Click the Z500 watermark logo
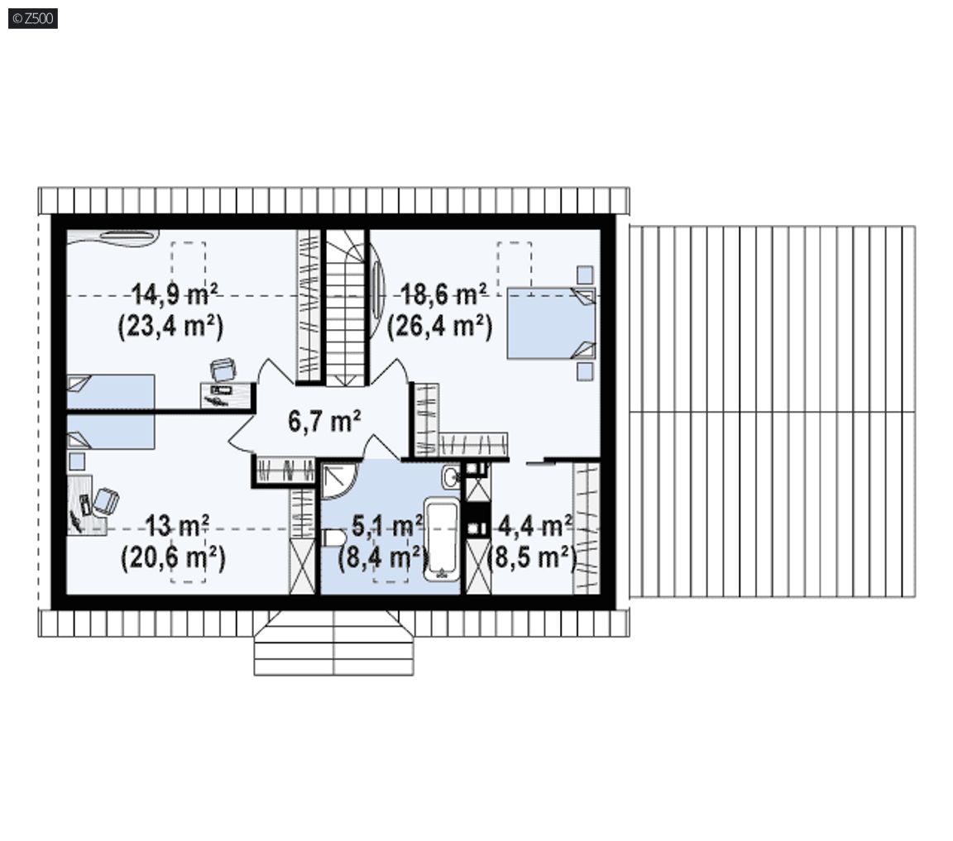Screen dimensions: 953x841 33,19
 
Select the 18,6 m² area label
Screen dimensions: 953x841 444,294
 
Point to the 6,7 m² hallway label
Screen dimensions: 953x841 324,421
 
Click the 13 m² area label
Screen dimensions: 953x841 178,526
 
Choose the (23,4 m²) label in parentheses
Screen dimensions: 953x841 170,326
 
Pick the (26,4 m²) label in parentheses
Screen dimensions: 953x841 440,326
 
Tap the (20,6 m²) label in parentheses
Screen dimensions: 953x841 174,558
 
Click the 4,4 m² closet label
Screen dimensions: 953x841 535,526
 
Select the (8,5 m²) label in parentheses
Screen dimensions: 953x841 533,557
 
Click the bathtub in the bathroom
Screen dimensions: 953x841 442,540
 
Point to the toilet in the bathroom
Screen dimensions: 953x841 333,538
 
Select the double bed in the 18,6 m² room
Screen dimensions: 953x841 551,323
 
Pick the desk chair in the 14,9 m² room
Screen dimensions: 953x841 223,370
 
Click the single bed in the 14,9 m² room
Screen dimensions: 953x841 110,391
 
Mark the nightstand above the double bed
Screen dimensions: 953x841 585,275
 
